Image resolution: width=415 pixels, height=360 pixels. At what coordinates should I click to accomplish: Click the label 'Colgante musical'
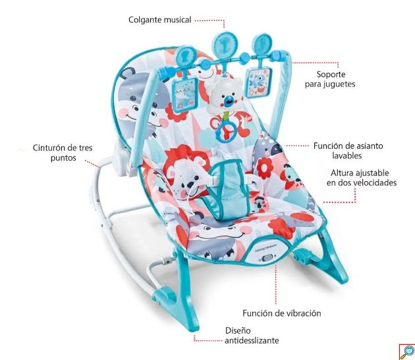coord(159,20)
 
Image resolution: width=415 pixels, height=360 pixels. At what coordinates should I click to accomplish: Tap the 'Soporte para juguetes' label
coord(330,79)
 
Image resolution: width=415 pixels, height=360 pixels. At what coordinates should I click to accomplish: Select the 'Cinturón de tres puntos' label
coord(63,153)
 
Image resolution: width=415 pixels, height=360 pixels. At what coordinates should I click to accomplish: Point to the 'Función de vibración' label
coord(282,313)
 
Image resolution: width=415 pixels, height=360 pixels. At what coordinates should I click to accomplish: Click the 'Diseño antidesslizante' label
coord(252,336)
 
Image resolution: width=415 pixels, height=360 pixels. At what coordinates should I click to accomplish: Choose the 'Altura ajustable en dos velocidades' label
coord(361,178)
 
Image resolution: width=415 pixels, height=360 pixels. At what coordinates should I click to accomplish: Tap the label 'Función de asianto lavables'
coord(348,150)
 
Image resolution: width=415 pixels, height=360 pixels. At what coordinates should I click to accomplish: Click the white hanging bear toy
coord(225,94)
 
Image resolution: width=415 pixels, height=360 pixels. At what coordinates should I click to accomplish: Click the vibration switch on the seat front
coord(268,257)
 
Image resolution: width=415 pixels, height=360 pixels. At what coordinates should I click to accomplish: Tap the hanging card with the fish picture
coord(260,82)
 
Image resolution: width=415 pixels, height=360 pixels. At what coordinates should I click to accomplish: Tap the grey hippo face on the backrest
coord(143,101)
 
